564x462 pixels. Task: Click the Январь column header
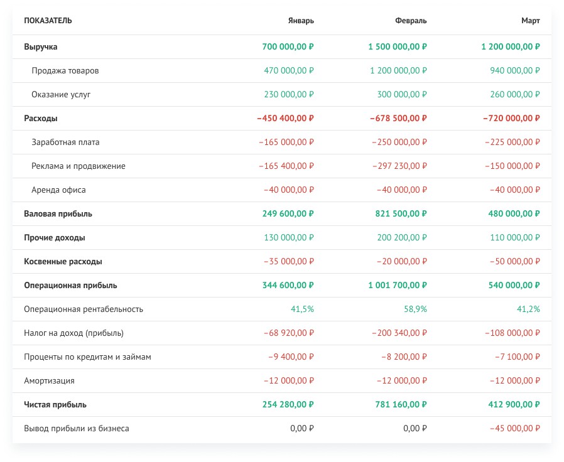(301, 21)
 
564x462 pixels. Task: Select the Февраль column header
(411, 21)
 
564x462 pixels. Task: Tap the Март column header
(531, 21)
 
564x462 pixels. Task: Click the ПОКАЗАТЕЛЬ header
(48, 21)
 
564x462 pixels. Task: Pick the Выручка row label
(41, 46)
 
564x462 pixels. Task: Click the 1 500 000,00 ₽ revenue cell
(398, 46)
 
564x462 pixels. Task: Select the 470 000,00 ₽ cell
(289, 70)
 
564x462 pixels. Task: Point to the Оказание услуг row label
(61, 95)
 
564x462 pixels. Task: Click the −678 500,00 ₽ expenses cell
(399, 118)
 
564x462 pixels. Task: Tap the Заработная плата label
(65, 142)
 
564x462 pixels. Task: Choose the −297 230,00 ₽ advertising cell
(399, 166)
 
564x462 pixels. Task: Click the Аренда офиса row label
(58, 190)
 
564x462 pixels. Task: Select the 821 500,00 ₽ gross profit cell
(401, 213)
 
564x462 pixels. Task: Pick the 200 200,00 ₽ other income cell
(402, 238)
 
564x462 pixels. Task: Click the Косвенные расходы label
(63, 261)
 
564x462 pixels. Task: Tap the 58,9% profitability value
(415, 309)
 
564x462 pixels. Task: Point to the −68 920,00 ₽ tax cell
(289, 333)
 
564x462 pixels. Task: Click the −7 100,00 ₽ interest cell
(518, 357)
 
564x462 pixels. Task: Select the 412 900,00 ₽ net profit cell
(514, 404)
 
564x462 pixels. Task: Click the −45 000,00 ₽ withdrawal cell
(515, 428)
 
